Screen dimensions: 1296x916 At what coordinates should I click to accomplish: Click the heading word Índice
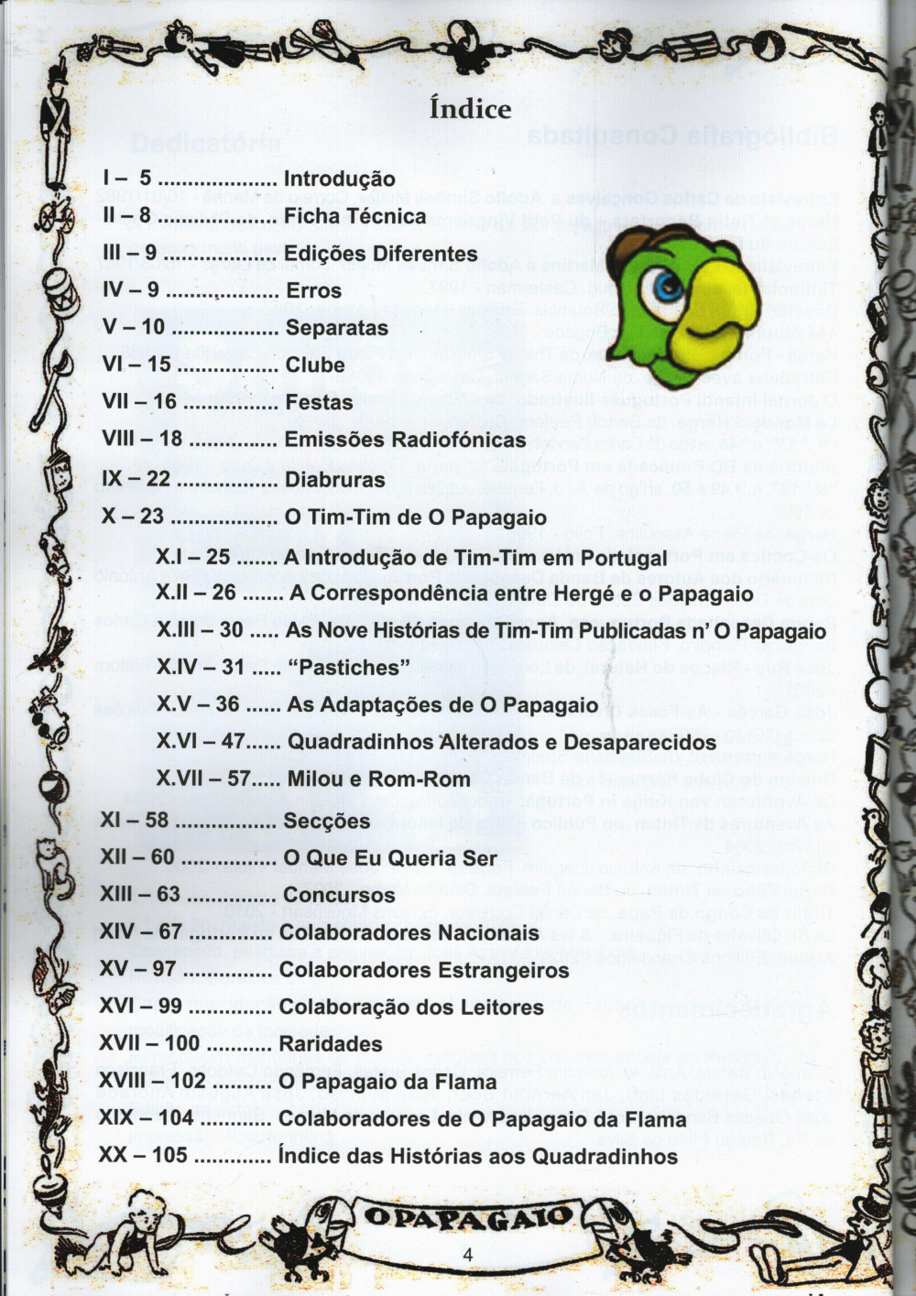pyautogui.click(x=471, y=109)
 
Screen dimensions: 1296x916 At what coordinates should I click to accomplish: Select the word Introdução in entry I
pyautogui.click(x=339, y=179)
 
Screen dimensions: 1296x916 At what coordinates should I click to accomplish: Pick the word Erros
pyautogui.click(x=313, y=290)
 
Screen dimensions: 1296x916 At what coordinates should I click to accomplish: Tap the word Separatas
pyautogui.click(x=336, y=328)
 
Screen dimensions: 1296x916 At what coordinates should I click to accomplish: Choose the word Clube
pyautogui.click(x=315, y=365)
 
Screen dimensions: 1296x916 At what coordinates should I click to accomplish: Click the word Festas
pyautogui.click(x=319, y=402)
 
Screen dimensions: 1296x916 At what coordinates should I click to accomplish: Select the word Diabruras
pyautogui.click(x=335, y=479)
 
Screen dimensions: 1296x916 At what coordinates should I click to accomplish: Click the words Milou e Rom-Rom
pyautogui.click(x=378, y=779)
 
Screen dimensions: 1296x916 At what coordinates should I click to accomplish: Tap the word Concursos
pyautogui.click(x=339, y=895)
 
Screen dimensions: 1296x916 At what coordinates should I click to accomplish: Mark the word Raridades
pyautogui.click(x=331, y=1044)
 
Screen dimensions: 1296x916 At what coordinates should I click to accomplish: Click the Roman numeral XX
pyautogui.click(x=113, y=1156)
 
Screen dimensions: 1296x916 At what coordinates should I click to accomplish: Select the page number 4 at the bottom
pyautogui.click(x=468, y=1255)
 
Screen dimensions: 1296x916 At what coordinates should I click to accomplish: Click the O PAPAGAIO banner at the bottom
pyautogui.click(x=468, y=1217)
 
